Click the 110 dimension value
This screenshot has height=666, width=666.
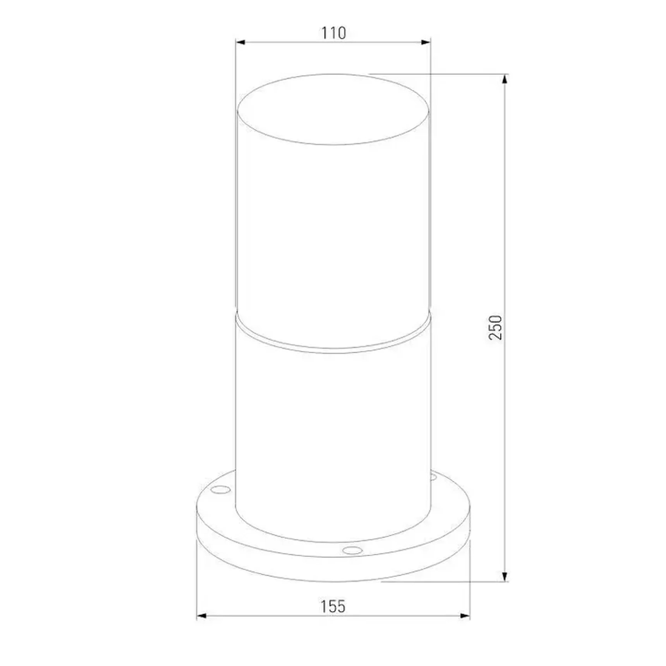pyautogui.click(x=333, y=33)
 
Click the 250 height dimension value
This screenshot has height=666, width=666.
pyautogui.click(x=495, y=328)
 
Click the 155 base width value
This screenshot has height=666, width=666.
pyautogui.click(x=333, y=606)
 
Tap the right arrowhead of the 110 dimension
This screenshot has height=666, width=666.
pyautogui.click(x=426, y=42)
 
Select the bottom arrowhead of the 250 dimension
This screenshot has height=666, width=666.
pyautogui.click(x=505, y=576)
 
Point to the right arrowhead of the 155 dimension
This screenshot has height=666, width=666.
pyautogui.click(x=465, y=616)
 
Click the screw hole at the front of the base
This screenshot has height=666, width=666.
pyautogui.click(x=352, y=550)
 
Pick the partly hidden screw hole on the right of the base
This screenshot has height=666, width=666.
pyautogui.click(x=433, y=477)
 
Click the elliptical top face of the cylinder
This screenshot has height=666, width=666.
pyautogui.click(x=333, y=110)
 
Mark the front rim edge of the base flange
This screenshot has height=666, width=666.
pyautogui.click(x=333, y=569)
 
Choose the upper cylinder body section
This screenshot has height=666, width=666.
pyautogui.click(x=333, y=232)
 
